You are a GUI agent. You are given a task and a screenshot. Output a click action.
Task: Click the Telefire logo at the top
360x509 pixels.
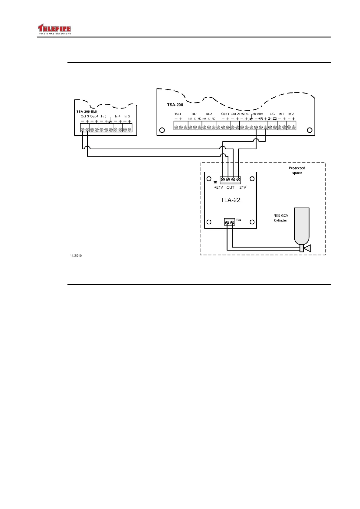54,29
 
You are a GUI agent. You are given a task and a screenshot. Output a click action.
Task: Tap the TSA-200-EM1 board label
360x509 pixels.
87,112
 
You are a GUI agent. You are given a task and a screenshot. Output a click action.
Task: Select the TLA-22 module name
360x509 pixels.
230,200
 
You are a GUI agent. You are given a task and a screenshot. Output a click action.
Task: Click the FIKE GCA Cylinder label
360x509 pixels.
281,218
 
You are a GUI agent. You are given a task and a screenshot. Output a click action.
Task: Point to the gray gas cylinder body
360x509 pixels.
301,225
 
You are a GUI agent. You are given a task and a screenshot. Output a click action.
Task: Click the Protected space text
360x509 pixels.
297,170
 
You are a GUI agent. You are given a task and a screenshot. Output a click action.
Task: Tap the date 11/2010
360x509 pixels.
76,256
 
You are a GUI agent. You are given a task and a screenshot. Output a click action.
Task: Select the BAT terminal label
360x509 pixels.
178,114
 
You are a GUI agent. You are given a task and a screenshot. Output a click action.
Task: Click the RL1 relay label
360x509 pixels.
195,114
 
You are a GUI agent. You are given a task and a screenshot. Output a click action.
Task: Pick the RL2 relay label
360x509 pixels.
209,114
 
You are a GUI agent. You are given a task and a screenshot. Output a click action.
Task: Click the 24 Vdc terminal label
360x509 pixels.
257,114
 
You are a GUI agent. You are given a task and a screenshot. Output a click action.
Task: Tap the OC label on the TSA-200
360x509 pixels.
272,114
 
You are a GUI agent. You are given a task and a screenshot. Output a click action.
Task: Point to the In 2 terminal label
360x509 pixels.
291,114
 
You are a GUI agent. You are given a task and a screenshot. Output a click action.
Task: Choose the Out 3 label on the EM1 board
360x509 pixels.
85,116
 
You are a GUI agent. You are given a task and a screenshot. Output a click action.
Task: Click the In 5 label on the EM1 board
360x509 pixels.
127,116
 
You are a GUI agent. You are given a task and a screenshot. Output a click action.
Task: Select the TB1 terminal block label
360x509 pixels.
216,182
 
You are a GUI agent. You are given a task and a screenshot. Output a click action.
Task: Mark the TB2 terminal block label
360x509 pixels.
239,220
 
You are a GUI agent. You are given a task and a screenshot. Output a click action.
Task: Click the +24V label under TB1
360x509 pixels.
218,188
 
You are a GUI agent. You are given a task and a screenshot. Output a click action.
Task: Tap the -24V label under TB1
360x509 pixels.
242,188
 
